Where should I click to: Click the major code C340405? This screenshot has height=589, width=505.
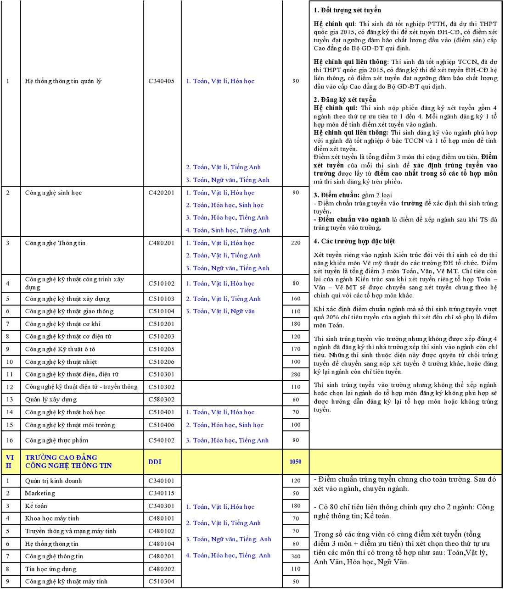(x=161, y=81)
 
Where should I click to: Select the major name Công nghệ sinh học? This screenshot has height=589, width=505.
(x=53, y=193)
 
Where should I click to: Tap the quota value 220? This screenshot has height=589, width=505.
(x=296, y=243)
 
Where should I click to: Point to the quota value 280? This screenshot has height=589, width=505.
(x=296, y=374)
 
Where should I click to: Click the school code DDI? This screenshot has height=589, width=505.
(x=155, y=461)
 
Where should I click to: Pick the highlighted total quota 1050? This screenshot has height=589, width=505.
(x=296, y=461)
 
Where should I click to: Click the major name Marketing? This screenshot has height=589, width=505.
(x=40, y=494)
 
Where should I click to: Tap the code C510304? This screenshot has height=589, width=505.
(x=161, y=582)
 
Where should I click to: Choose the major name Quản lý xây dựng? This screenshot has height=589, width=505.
(x=51, y=400)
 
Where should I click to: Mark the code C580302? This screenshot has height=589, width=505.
(x=161, y=400)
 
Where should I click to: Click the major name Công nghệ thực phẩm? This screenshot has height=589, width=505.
(x=56, y=440)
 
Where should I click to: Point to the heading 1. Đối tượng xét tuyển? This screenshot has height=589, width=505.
(x=347, y=10)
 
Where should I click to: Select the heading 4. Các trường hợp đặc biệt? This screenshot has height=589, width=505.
(x=354, y=241)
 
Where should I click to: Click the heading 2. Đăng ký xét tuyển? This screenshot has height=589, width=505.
(x=345, y=100)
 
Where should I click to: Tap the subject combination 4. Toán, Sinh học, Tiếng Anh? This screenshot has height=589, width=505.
(x=228, y=230)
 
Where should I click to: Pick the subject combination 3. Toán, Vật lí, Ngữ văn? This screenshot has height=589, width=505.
(x=220, y=311)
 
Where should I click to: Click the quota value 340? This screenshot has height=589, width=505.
(x=296, y=556)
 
